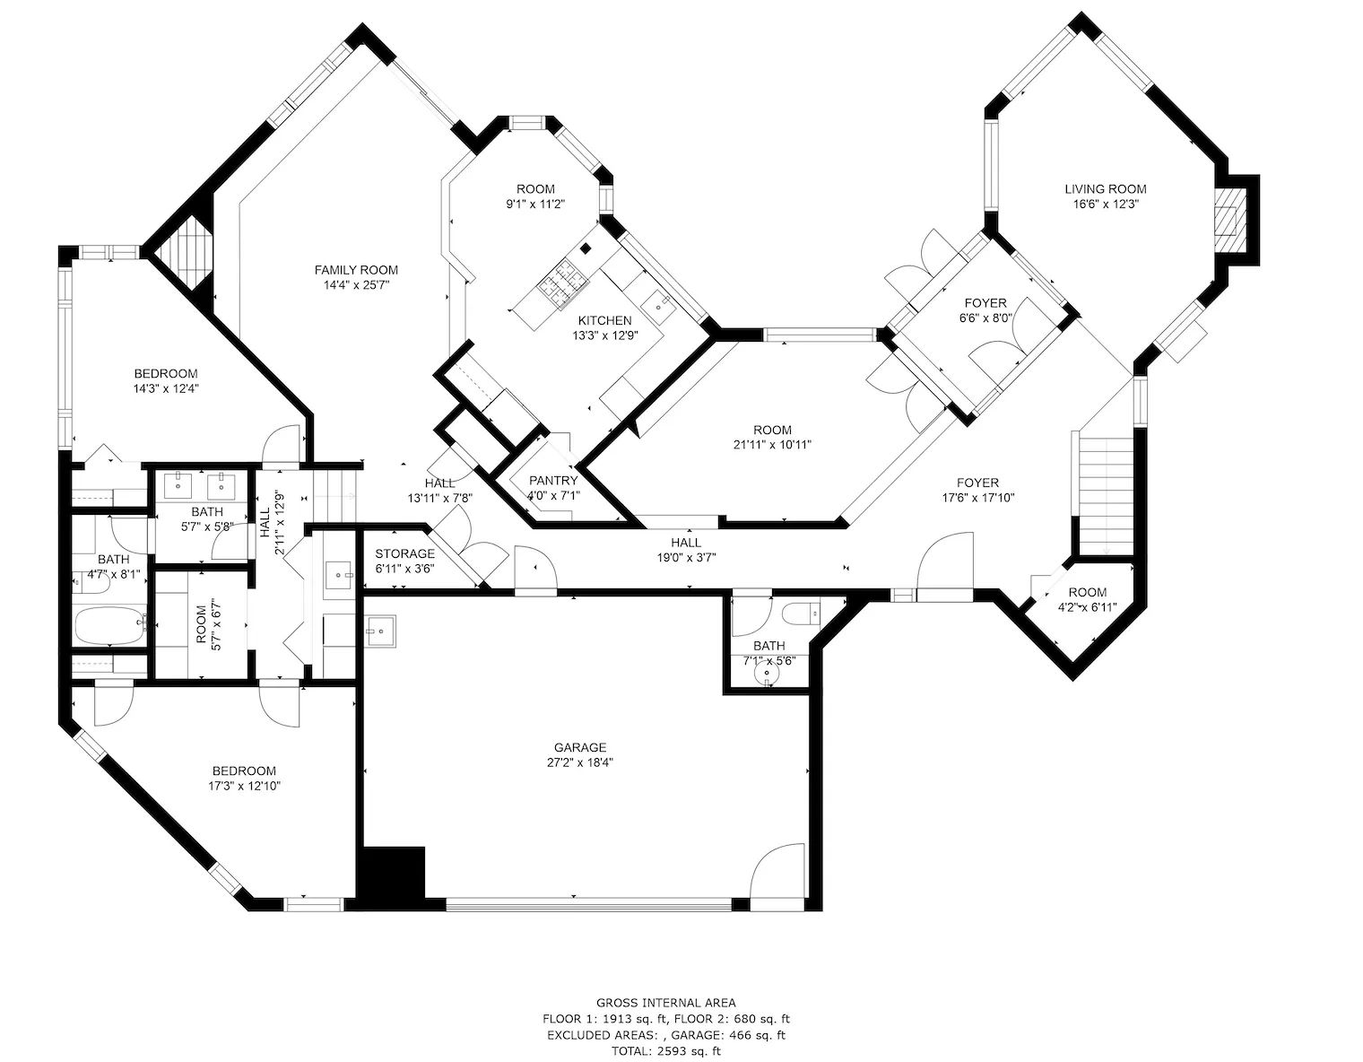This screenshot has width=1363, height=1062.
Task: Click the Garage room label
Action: click(579, 748)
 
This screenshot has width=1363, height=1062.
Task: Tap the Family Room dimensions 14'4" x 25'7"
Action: click(356, 285)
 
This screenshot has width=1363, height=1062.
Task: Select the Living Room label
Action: click(1106, 189)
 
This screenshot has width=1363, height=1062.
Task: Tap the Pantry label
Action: click(553, 481)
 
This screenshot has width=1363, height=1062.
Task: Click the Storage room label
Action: click(404, 554)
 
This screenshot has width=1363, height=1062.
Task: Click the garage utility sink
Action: click(381, 631)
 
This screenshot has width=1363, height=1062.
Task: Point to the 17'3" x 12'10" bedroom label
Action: click(244, 771)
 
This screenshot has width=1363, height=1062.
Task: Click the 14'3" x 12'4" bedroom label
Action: click(166, 374)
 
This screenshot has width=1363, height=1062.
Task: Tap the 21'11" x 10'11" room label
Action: click(772, 431)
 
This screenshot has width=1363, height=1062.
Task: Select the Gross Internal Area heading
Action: click(666, 1003)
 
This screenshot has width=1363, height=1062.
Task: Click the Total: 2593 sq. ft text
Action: click(666, 1050)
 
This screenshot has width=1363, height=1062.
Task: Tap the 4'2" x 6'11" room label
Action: click(1088, 592)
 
